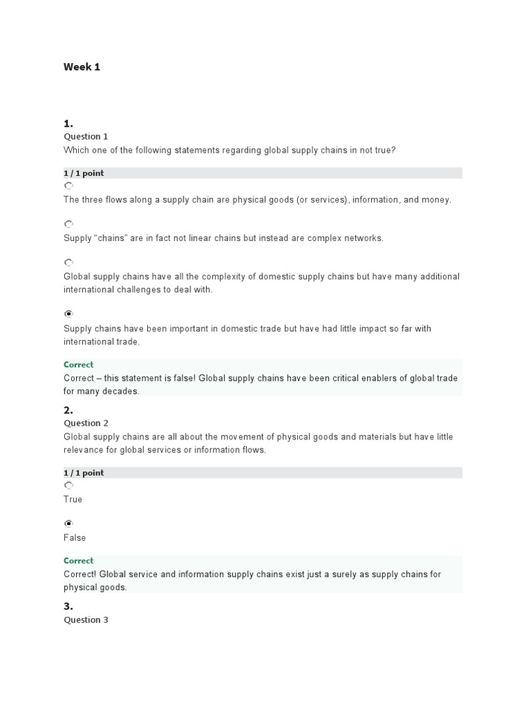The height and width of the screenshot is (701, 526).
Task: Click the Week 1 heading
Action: point(82,67)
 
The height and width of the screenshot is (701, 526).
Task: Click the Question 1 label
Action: point(86,136)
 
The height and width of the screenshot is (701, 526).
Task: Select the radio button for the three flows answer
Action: point(68,186)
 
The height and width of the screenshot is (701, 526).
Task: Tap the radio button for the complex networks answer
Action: point(68,224)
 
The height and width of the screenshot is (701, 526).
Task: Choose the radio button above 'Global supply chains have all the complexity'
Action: point(68,262)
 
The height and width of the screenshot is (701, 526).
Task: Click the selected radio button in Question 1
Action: point(68,314)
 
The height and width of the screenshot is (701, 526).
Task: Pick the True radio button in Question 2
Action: point(68,485)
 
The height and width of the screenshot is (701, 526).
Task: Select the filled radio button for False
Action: point(68,524)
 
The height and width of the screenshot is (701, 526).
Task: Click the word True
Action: point(73,500)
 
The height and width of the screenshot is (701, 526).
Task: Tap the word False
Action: point(75,538)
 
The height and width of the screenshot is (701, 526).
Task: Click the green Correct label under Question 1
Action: point(78,365)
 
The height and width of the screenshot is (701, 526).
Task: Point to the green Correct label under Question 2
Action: point(78,561)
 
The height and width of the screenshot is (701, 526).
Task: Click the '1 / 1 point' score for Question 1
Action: point(84,173)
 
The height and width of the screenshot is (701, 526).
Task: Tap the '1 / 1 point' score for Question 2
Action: point(84,473)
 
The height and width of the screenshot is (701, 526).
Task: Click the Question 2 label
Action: point(86,423)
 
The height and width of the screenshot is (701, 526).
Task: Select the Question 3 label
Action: point(86,620)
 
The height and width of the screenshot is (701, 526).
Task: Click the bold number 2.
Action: point(68,411)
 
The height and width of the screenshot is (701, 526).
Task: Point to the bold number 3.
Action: point(68,607)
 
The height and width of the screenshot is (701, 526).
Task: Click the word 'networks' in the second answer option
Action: point(365,238)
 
